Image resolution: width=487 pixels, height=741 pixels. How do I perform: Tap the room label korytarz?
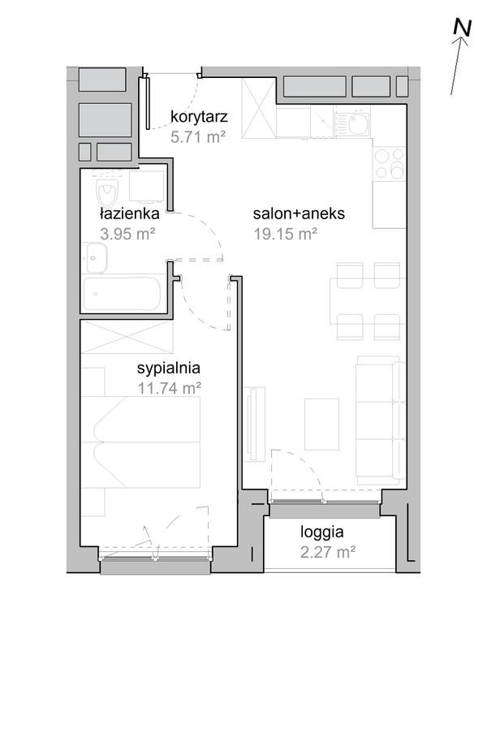pos(199,116)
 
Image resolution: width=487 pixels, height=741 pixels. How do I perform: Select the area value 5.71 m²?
pos(197,137)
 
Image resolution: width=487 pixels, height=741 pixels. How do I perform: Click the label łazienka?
pos(129,213)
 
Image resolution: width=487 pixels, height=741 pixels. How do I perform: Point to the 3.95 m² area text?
pos(127,234)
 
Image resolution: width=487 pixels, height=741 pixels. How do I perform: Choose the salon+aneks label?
pos(299,213)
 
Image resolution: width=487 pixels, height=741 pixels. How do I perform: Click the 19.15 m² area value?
pos(285,234)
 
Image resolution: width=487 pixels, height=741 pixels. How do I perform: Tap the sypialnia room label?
pos(168,368)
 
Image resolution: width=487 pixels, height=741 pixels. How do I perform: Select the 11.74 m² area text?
pos(170,388)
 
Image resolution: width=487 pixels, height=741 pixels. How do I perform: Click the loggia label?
pos(322,532)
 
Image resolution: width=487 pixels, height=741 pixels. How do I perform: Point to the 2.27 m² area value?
pos(328,552)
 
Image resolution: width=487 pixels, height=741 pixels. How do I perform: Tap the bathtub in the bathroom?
pos(122,294)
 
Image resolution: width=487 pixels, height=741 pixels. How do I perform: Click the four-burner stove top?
pos(389,163)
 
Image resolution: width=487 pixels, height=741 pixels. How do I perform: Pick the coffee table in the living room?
pos(322,424)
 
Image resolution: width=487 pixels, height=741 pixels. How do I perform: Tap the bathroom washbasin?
pos(95,258)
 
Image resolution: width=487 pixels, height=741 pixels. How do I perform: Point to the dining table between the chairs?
pos(367,301)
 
